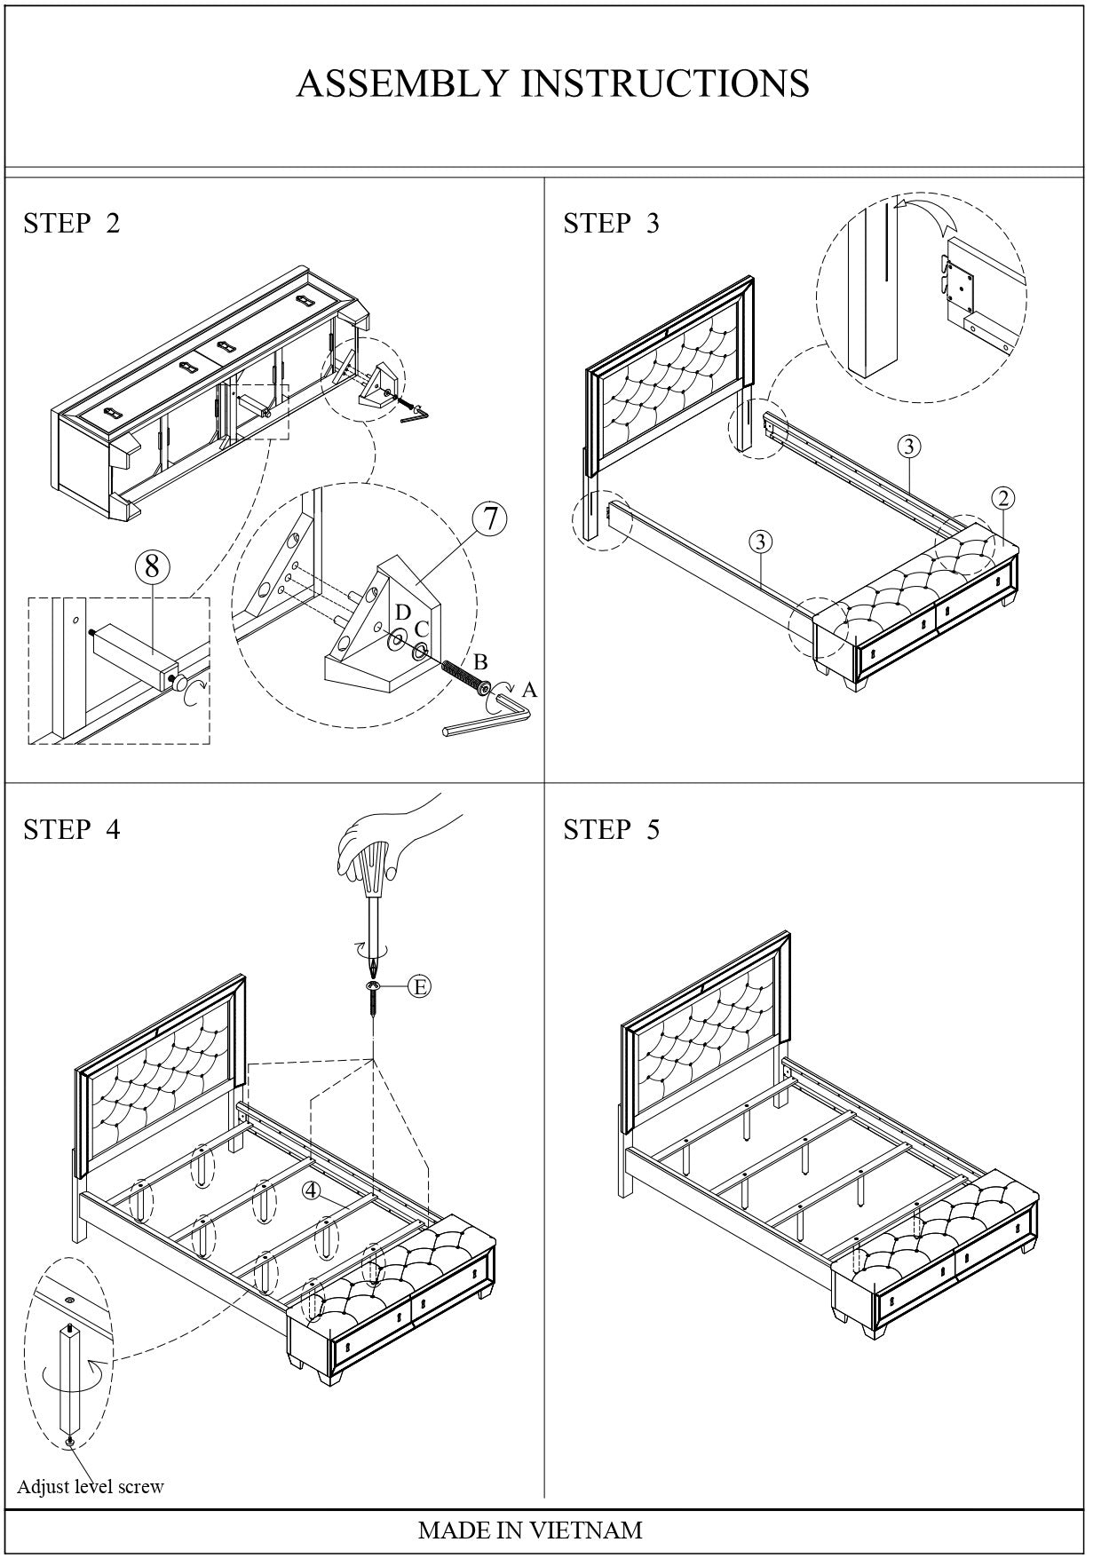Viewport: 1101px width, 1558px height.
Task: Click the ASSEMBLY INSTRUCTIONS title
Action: [552, 83]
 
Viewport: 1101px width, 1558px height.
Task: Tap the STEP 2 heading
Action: [71, 223]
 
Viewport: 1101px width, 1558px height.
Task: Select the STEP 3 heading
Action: [611, 223]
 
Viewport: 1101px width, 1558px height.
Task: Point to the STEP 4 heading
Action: [71, 829]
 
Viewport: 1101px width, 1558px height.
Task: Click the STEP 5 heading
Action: [611, 829]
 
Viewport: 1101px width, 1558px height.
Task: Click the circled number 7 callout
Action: [489, 518]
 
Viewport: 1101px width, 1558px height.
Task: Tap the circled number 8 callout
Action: [152, 565]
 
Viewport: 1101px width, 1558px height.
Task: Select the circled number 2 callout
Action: [1003, 498]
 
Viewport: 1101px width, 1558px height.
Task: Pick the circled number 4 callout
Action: [311, 1190]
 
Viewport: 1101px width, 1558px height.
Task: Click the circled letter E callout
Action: [420, 986]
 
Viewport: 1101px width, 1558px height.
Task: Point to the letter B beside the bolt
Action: [480, 662]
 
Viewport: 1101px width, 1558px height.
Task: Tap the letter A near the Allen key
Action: [530, 690]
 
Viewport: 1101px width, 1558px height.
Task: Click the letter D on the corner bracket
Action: [403, 613]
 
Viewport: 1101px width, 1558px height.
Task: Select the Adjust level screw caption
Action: [91, 1486]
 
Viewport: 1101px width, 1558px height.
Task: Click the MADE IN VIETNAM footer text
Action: [529, 1530]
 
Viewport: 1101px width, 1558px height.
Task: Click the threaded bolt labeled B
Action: [464, 679]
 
